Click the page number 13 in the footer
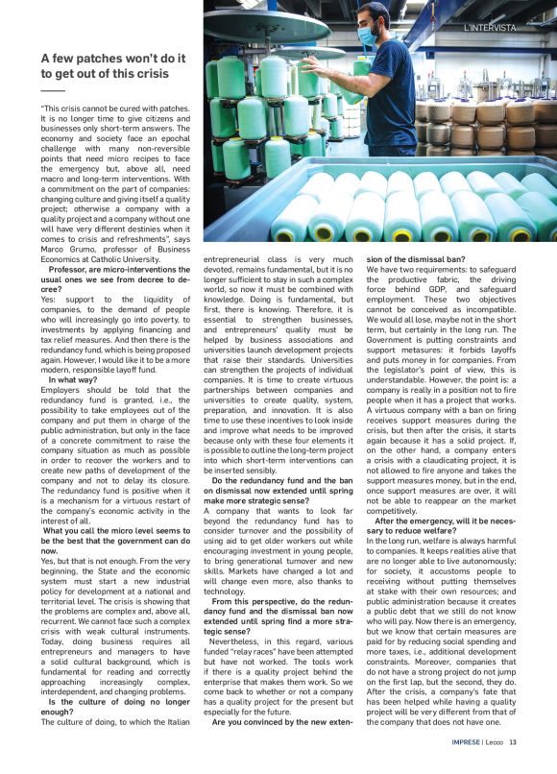514,765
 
